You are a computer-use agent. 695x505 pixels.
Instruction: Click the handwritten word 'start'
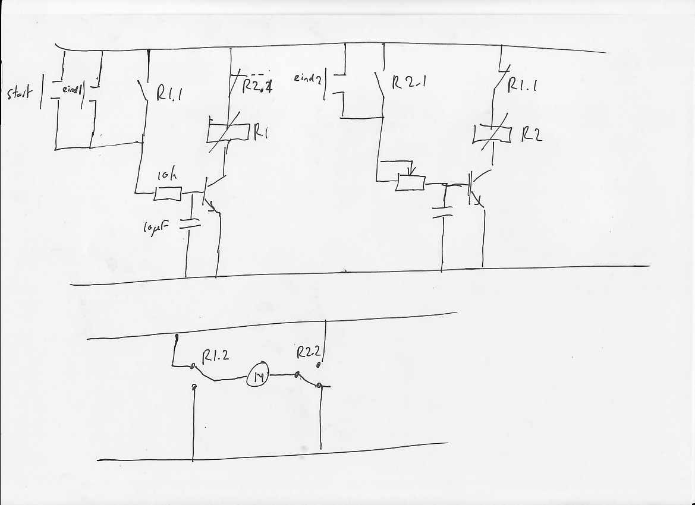(20, 94)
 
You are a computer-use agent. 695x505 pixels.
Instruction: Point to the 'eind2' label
(307, 78)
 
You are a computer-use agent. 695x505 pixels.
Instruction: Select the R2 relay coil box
(492, 135)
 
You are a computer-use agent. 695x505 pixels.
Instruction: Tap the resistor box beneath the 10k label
(168, 194)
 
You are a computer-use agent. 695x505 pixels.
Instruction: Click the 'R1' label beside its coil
(261, 131)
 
